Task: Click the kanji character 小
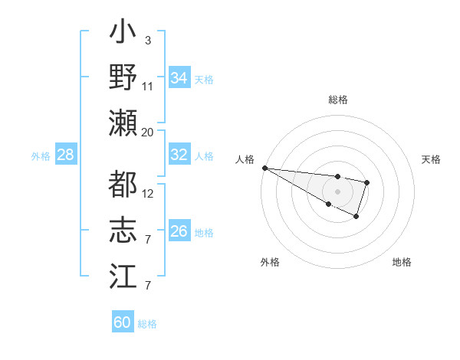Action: click(123, 35)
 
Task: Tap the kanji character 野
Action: click(123, 77)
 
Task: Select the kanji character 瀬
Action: click(123, 123)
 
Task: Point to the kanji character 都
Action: click(123, 185)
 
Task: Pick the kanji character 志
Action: click(123, 230)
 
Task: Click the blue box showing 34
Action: click(179, 78)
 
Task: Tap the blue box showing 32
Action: click(179, 155)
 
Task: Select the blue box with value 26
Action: click(179, 231)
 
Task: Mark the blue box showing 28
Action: click(65, 155)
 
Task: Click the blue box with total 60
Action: click(123, 322)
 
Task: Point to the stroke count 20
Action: click(147, 133)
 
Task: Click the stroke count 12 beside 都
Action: click(148, 194)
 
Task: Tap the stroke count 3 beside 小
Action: click(147, 41)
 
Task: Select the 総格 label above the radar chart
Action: click(338, 100)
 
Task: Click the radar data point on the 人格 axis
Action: click(264, 167)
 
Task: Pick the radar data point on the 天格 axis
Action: click(368, 182)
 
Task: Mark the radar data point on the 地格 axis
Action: click(356, 218)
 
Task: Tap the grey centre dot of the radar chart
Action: click(338, 191)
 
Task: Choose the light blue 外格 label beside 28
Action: click(41, 156)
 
